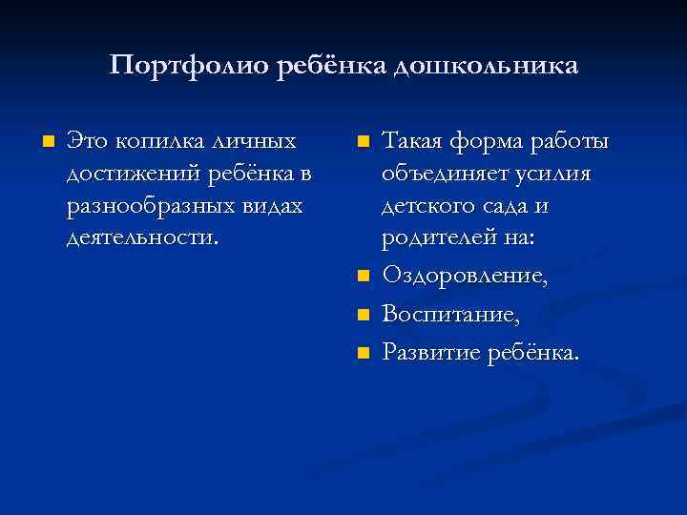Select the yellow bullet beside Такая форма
tap(362, 143)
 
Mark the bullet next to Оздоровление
tap(362, 278)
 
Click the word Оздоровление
tap(465, 277)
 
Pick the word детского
tap(428, 205)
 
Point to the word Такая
tap(415, 142)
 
